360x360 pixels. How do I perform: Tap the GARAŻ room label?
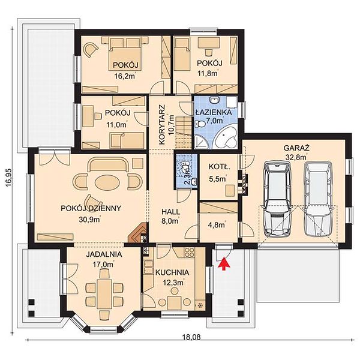click(296, 148)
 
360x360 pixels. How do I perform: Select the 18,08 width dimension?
click(191, 337)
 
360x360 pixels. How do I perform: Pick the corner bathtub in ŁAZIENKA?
click(226, 138)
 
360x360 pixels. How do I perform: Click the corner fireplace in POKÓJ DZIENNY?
click(138, 233)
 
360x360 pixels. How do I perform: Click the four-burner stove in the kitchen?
click(190, 252)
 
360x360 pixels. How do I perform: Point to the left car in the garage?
click(277, 199)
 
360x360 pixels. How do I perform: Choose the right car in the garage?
click(318, 199)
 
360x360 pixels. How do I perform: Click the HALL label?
click(171, 211)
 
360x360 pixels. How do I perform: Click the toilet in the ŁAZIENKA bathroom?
click(200, 124)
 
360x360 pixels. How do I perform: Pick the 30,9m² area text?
click(90, 219)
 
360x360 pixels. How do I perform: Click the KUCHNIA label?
click(172, 272)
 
